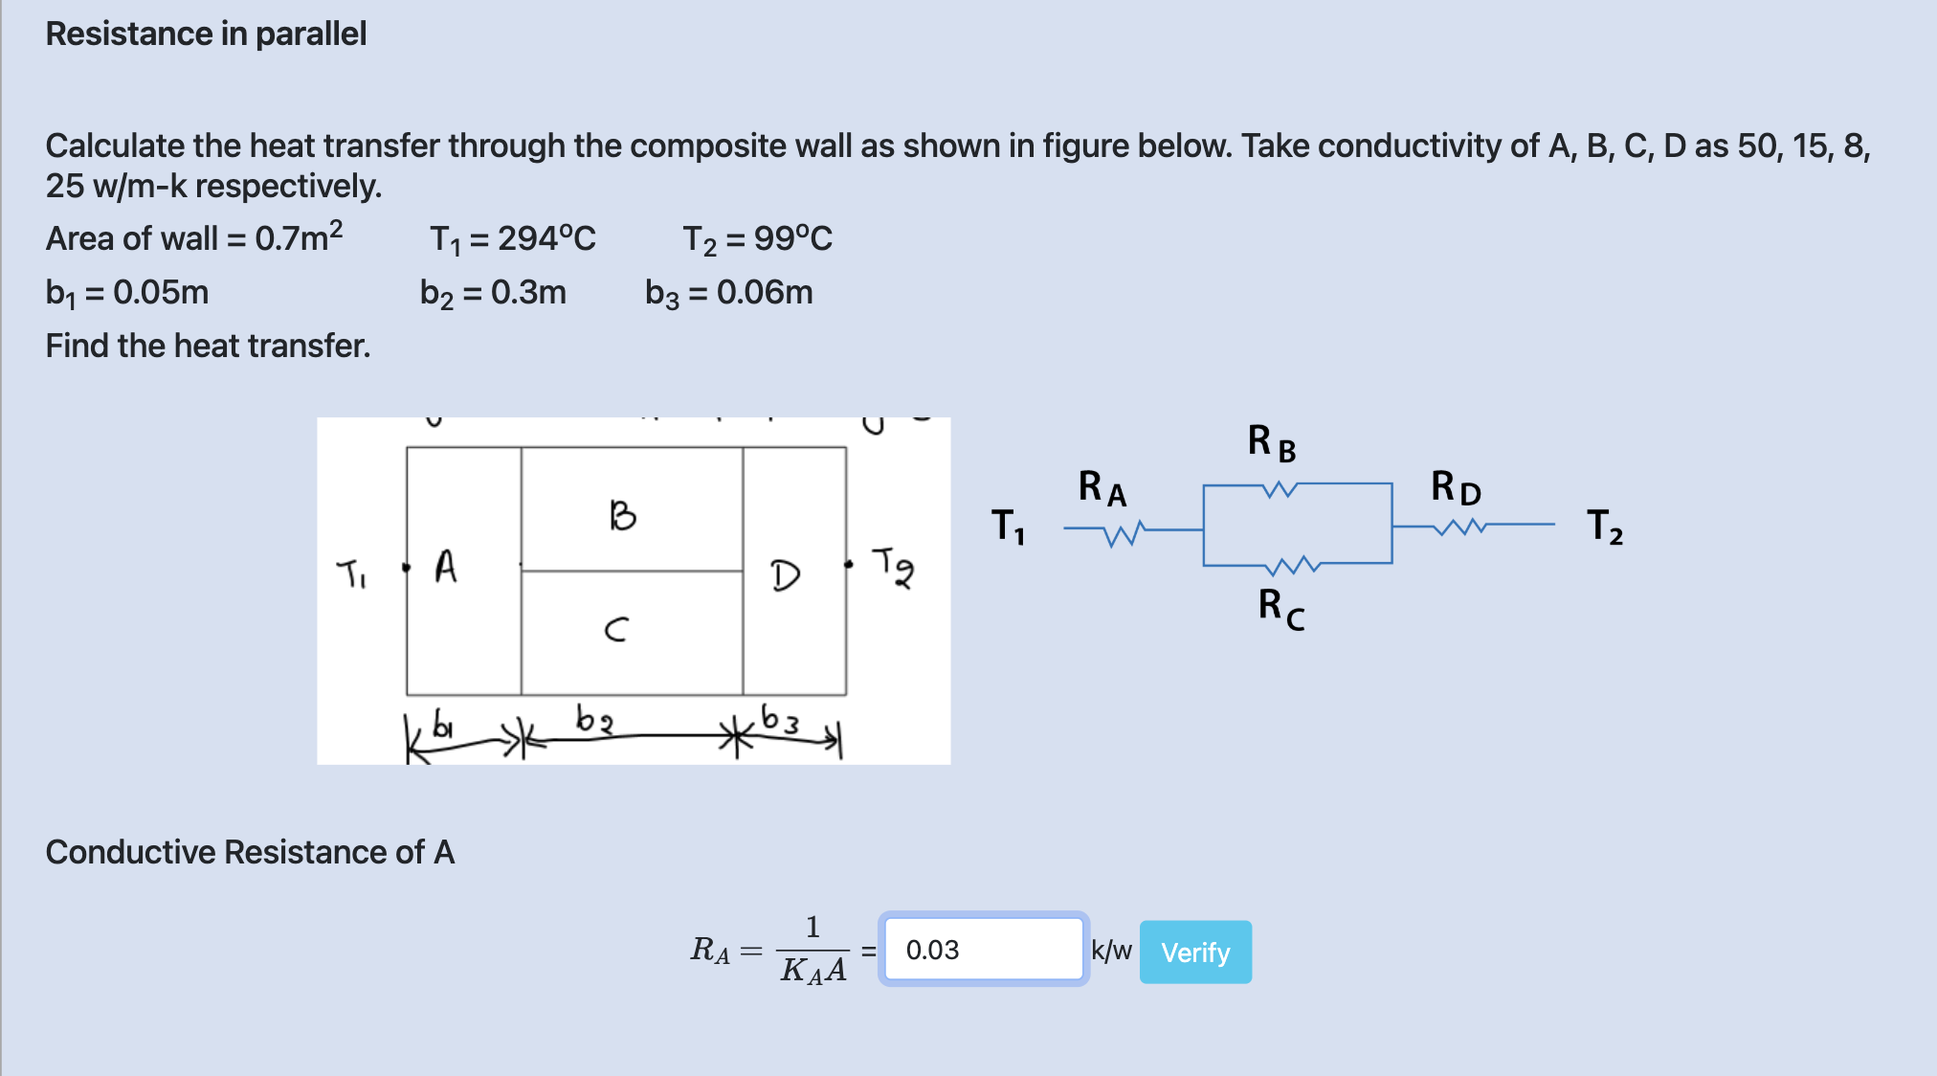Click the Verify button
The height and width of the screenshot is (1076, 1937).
point(1195,952)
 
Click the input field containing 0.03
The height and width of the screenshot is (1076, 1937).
point(984,950)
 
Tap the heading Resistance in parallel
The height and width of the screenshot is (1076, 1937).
point(206,34)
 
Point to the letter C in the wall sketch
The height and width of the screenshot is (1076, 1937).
point(617,629)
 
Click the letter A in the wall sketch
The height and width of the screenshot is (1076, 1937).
point(446,566)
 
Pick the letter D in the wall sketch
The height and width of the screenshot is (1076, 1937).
point(786,575)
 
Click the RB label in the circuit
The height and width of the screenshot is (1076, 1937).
point(1272,443)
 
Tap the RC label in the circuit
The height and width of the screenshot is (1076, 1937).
point(1281,610)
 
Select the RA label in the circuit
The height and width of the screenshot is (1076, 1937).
point(1102,488)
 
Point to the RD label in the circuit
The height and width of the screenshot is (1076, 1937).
point(1456,487)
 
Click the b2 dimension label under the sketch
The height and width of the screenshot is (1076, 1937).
point(593,719)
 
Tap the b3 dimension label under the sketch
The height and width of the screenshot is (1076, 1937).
point(780,718)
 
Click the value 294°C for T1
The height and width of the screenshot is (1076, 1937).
point(546,237)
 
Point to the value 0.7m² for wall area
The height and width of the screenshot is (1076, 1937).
point(299,236)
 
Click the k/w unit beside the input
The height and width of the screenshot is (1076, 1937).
point(1111,950)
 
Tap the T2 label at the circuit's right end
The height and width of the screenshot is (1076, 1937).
point(1605,527)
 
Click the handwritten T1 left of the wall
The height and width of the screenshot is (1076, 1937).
point(351,574)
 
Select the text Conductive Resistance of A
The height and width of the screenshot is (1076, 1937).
point(250,852)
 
